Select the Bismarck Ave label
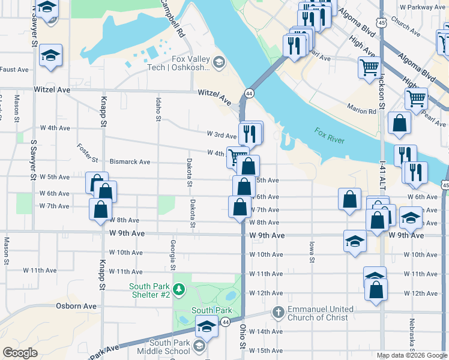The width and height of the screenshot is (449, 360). click(x=130, y=162)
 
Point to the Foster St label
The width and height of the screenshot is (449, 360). click(x=88, y=153)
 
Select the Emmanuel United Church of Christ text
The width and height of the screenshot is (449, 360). click(x=322, y=313)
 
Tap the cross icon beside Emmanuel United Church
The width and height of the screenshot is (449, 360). click(x=277, y=312)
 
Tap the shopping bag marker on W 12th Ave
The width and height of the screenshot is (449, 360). click(x=376, y=289)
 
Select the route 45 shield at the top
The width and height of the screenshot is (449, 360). click(x=382, y=22)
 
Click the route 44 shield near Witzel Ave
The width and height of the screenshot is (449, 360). click(x=249, y=94)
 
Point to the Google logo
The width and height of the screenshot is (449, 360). click(x=20, y=353)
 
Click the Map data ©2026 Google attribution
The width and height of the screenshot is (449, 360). click(x=411, y=355)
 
